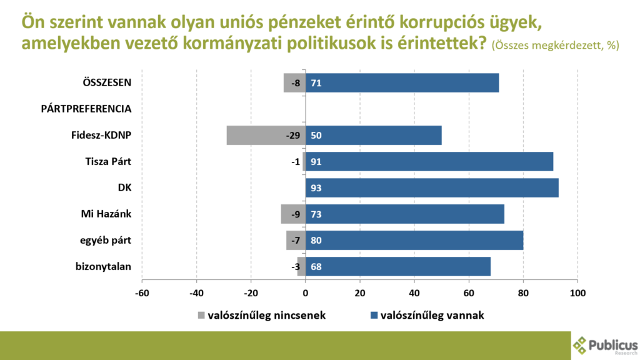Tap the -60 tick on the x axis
click(142, 293)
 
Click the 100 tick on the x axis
click(577, 293)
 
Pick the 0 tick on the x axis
click(306, 293)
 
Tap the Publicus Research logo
click(605, 345)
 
